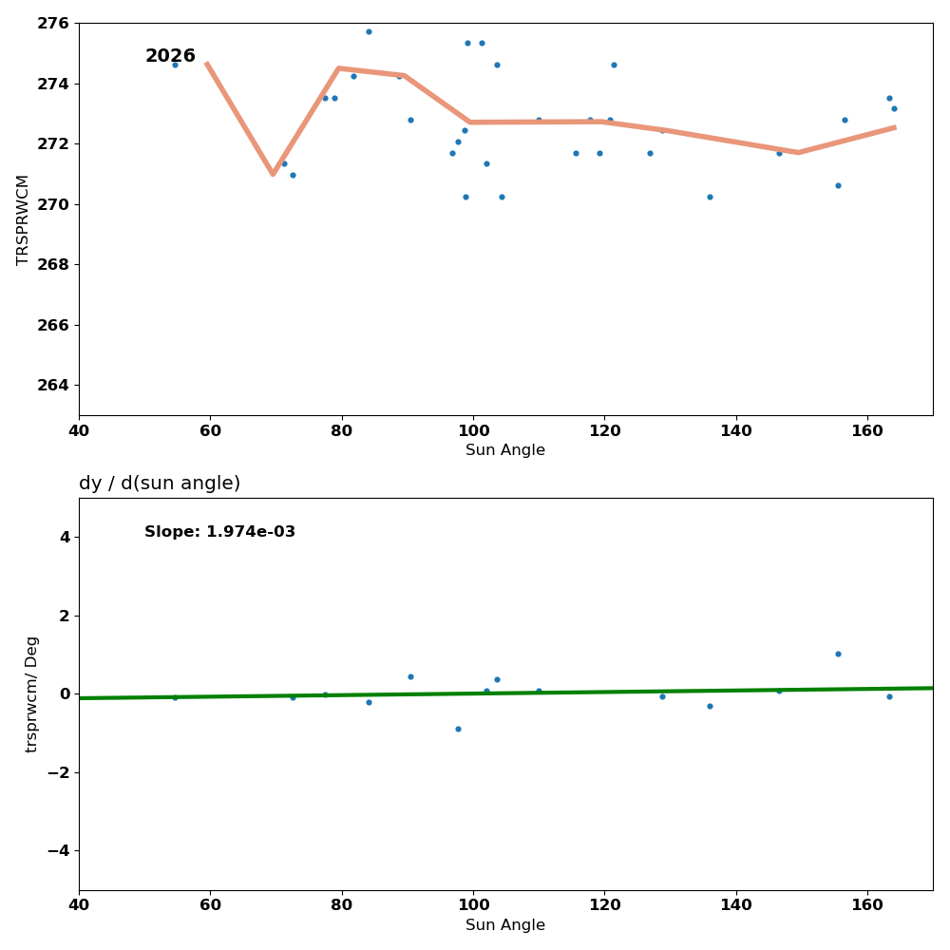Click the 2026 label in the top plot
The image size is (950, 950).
pos(170,57)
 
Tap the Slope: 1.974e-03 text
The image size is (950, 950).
pos(219,532)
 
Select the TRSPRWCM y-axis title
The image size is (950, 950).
pos(23,219)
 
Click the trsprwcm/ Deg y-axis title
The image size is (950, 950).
pos(32,694)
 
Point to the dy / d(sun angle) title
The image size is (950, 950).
pos(160,484)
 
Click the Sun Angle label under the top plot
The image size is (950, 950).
pos(505,450)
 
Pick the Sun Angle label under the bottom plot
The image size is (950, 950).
pos(505,925)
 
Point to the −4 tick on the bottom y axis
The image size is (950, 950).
pos(58,850)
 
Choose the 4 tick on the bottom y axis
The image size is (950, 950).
pos(65,538)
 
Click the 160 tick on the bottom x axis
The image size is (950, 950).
pos(867,905)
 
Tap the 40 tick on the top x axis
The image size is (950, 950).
pos(79,430)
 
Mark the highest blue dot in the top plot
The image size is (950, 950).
pos(369,31)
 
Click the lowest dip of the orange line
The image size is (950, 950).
pos(273,174)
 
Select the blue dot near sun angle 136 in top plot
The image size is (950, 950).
pos(710,197)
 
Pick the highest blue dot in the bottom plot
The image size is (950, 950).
pos(838,654)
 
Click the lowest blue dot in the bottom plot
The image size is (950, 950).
pos(458,729)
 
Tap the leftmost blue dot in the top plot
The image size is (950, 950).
pos(175,65)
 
